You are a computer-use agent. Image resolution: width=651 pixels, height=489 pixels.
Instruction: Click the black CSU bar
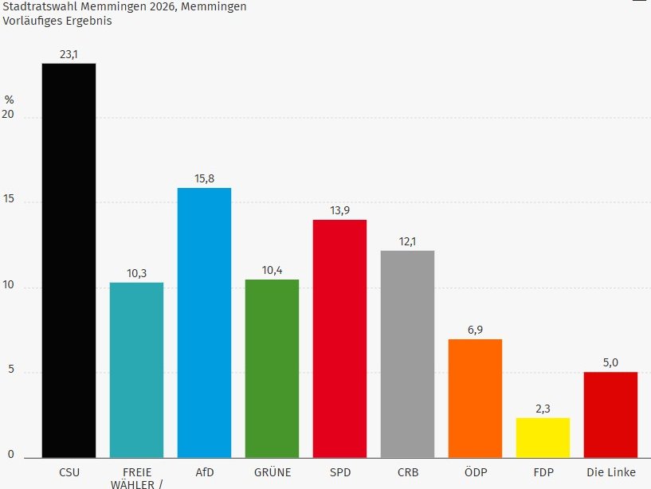[x=69, y=260]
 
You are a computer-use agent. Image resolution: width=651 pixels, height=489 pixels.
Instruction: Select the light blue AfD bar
[x=204, y=323]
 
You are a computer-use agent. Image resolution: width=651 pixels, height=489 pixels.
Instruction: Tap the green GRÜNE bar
[x=272, y=368]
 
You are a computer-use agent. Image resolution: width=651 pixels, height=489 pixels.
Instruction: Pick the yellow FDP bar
[x=543, y=437]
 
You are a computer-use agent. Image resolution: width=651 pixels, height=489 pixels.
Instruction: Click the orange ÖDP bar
[x=475, y=398]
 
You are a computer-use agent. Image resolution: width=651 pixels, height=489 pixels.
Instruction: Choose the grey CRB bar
[x=407, y=354]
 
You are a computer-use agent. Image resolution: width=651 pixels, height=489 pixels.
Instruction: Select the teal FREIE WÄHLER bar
[x=136, y=370]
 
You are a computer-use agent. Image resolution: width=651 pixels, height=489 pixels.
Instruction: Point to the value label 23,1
[x=69, y=54]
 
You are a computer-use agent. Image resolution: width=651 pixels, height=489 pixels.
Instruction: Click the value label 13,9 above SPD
[x=339, y=210]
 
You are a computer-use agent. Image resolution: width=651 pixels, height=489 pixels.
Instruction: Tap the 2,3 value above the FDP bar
[x=543, y=409]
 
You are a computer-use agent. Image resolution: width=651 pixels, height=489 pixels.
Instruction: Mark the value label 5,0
[x=610, y=362]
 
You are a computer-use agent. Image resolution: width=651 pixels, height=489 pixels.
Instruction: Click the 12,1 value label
[x=407, y=241]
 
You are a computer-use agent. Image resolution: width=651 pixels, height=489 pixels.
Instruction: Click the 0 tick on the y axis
[x=11, y=455]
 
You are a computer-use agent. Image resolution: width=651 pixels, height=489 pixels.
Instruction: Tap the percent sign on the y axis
[x=10, y=100]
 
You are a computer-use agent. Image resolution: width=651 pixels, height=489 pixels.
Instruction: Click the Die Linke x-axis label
[x=610, y=472]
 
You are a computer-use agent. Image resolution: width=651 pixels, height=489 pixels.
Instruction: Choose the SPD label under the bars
[x=339, y=472]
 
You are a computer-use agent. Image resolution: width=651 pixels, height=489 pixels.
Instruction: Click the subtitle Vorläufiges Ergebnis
[x=57, y=21]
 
